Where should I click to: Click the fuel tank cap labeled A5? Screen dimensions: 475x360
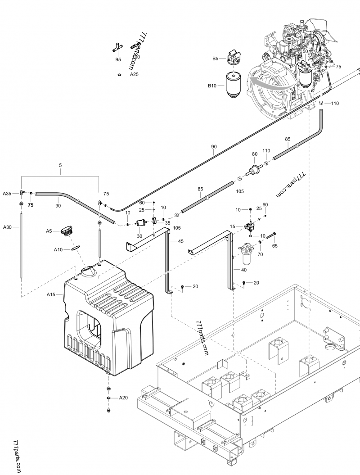[x=67, y=231]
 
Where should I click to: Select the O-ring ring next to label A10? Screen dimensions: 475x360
[x=75, y=248]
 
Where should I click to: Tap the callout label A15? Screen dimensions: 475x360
[x=51, y=294]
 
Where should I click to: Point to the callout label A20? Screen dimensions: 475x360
[x=123, y=398]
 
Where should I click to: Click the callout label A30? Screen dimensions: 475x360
[x=8, y=227]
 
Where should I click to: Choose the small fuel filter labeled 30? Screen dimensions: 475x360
[x=139, y=223]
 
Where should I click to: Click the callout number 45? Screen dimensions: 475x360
[x=180, y=241]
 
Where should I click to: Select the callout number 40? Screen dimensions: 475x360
[x=244, y=270]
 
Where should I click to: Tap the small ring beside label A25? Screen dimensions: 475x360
[x=119, y=75]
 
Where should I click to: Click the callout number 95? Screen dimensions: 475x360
[x=118, y=59]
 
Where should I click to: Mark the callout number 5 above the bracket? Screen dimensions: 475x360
[x=60, y=165]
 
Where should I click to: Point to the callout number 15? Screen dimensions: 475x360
[x=232, y=226]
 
